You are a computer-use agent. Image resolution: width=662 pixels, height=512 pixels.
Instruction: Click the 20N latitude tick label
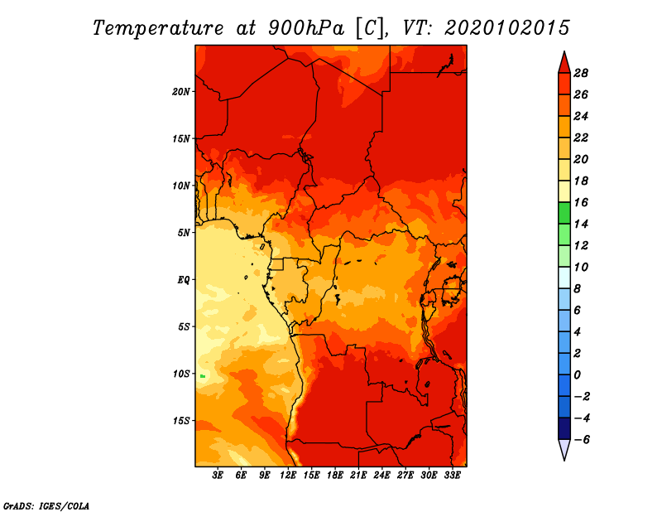coord(181,91)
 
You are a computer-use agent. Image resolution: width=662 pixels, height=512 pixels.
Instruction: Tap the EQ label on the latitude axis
coord(184,280)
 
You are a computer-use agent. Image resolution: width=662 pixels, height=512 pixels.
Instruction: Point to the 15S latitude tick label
coord(181,421)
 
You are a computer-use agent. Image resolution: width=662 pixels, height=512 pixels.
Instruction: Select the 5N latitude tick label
coord(184,233)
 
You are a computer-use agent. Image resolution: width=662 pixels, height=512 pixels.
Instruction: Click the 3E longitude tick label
coord(218,475)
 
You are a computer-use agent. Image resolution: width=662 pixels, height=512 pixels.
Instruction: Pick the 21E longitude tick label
coord(358,475)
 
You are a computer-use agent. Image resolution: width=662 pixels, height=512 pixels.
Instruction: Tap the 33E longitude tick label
coord(452,475)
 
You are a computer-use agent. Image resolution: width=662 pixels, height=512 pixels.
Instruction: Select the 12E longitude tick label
coord(288,475)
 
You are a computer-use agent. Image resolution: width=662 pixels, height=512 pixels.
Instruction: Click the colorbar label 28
coord(581,73)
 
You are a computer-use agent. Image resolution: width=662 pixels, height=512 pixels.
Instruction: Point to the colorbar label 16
coord(581,202)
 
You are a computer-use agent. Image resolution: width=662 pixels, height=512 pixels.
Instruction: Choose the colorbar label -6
coord(582,440)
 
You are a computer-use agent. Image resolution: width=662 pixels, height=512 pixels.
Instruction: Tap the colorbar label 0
coord(577,375)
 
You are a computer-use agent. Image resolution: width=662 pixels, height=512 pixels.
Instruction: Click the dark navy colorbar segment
coord(564,428)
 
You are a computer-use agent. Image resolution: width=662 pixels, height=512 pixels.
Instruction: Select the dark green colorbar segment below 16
coord(564,213)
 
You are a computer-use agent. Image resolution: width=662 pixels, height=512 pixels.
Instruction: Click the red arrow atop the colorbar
coord(564,63)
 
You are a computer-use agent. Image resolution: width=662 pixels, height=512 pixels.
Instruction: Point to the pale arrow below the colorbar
coord(564,449)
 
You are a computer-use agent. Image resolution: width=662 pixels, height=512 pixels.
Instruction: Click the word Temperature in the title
coord(158,28)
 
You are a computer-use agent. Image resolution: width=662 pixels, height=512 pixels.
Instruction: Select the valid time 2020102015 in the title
coord(507,28)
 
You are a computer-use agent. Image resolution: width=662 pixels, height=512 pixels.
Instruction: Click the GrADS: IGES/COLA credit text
coord(46,505)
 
